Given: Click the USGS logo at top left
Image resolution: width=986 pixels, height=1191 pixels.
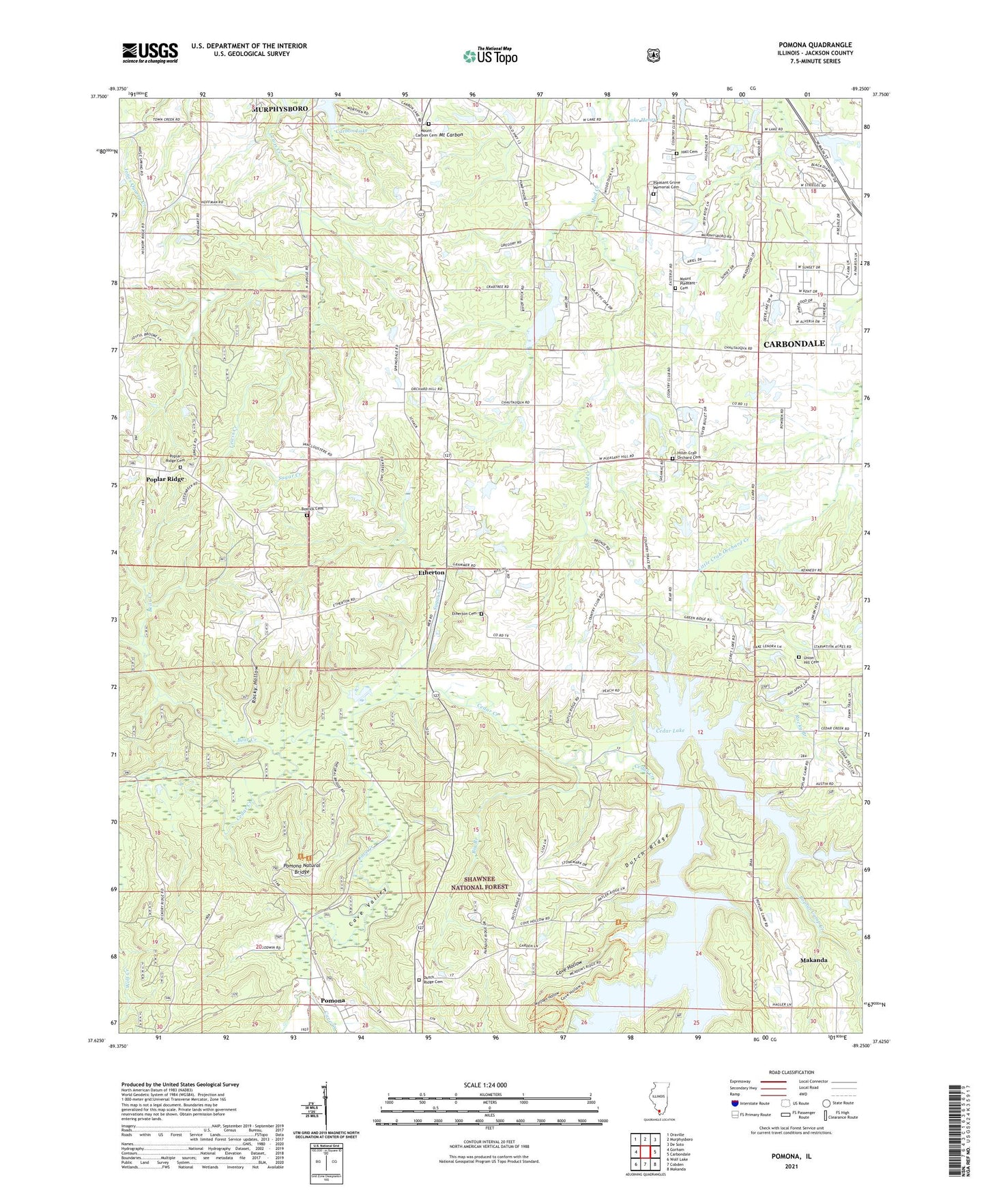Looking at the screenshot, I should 150,52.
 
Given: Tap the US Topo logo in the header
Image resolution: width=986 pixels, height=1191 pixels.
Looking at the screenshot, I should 489,56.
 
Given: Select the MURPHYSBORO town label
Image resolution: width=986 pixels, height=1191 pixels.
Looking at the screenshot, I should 280,109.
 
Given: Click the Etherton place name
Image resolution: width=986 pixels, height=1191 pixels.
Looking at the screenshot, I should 431,573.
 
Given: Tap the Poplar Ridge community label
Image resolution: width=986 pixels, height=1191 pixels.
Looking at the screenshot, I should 165,480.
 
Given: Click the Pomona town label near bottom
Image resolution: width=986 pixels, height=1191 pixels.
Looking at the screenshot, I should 332,1001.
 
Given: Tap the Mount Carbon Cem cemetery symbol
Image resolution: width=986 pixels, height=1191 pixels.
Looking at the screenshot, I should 429,124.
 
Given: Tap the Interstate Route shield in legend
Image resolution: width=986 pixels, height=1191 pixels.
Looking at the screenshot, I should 734,1103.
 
